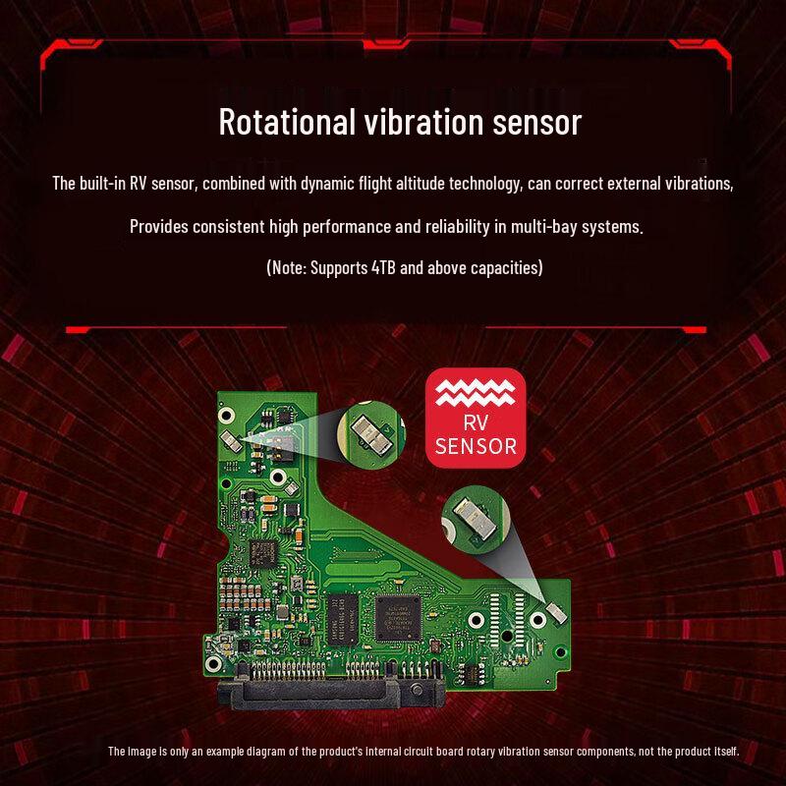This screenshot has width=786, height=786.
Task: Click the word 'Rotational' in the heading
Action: pyautogui.click(x=283, y=123)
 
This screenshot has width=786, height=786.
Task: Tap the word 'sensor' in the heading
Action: pyautogui.click(x=534, y=123)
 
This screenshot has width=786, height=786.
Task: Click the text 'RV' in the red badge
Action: pyautogui.click(x=476, y=424)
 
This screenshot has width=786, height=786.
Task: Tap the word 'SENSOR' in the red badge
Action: pyautogui.click(x=476, y=446)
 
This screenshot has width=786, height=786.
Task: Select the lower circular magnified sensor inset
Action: pyautogui.click(x=473, y=518)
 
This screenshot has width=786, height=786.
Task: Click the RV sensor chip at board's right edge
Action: pyautogui.click(x=556, y=610)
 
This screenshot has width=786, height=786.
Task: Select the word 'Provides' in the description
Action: pyautogui.click(x=161, y=227)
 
